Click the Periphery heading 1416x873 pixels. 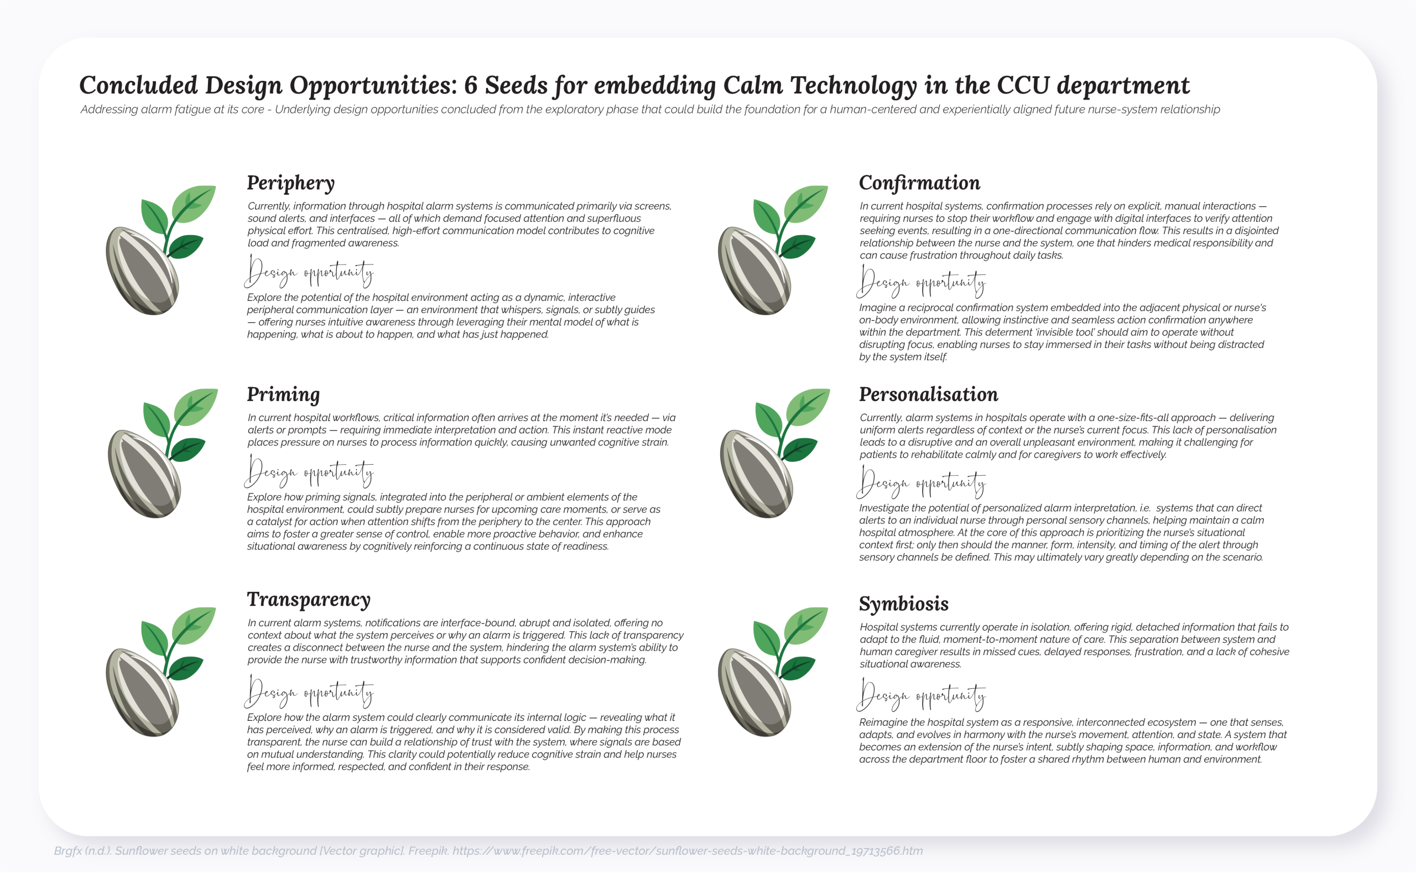coord(290,183)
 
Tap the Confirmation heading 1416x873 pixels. coord(919,183)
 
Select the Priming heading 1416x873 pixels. coord(283,395)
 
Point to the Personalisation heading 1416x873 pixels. coord(928,394)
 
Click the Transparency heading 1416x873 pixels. coord(308,600)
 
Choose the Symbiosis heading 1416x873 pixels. coord(903,604)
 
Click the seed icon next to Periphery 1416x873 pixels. coord(159,251)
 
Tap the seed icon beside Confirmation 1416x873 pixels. coord(771,251)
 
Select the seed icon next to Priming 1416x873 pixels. coord(161,454)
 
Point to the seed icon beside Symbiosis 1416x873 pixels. coord(771,673)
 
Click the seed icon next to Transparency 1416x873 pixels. coord(159,673)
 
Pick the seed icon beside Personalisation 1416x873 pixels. coord(773,454)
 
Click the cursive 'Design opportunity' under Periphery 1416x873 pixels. coord(309,272)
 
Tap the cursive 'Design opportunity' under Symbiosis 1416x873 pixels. coord(921,695)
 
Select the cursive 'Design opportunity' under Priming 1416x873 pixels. coord(309,472)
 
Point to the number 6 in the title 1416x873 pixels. coord(471,85)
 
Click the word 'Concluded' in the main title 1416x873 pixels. coord(138,85)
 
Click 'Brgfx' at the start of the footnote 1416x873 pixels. coord(67,851)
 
